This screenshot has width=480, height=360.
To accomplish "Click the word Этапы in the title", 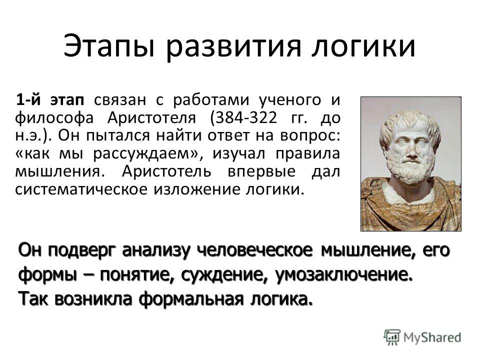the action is [108, 46].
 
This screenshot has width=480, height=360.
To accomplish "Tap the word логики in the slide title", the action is [363, 46].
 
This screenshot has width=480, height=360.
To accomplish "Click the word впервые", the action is [261, 171].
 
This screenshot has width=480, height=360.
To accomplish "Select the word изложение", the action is [198, 189].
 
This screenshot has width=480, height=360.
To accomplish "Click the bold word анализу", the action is [156, 251].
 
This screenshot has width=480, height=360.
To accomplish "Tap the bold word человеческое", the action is [254, 250].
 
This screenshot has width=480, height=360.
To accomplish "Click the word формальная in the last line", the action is [191, 299].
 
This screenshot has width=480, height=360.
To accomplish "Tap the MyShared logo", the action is [422, 337].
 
